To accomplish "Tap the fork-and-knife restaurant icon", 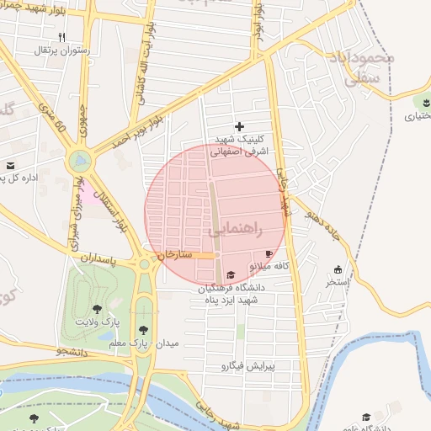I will coord(61,37).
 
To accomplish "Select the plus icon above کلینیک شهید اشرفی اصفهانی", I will coord(239,125).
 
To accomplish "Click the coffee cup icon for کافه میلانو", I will coord(269,253).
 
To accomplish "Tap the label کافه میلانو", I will coord(269,266).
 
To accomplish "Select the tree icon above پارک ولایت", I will coord(97,309).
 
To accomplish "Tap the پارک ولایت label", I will coord(97,322).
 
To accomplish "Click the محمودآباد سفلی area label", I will coord(370,68).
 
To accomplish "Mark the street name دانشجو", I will coord(73,351).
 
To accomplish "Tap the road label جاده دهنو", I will coord(321,221).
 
